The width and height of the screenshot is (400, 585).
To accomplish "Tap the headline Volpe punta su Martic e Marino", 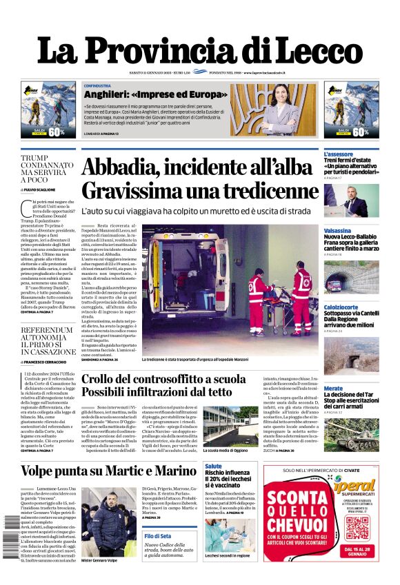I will pos(108,471).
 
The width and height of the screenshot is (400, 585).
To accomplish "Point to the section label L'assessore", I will pos(339,154).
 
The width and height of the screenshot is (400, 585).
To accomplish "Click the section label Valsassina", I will pos(337,231).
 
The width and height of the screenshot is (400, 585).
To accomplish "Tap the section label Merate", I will pos(333,389).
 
